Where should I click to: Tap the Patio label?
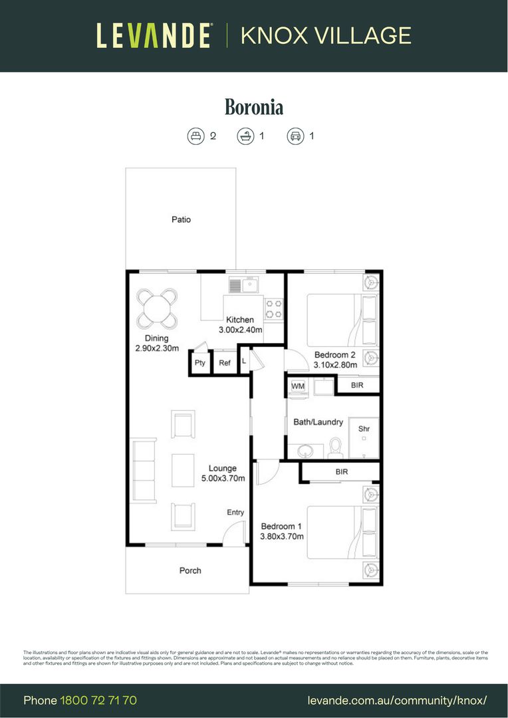tap(181, 219)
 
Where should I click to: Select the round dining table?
tap(157, 309)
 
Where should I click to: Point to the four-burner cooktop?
tap(274, 308)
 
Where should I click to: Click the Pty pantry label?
tap(200, 363)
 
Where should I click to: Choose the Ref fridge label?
tap(225, 363)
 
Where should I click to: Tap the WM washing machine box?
tap(297, 386)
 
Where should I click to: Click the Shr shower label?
tap(364, 429)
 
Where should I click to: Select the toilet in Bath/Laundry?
tap(334, 448)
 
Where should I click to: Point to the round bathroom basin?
tap(307, 451)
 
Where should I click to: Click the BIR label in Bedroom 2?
tap(357, 385)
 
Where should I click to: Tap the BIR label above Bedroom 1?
tap(342, 472)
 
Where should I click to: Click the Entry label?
tap(235, 512)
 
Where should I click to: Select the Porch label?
tap(190, 570)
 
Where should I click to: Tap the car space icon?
tap(295, 136)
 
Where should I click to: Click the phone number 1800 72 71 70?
tap(98, 701)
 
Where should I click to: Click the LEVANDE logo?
tap(154, 35)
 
